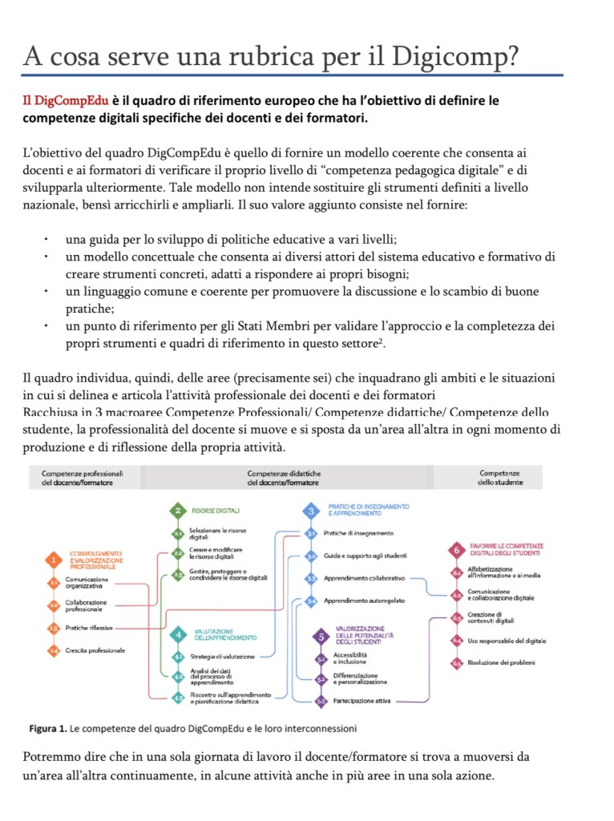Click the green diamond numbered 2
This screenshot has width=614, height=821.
[x=177, y=510]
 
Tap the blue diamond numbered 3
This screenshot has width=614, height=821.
[x=312, y=510]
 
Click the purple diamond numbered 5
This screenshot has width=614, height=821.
[x=321, y=638]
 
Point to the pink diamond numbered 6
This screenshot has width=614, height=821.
[x=456, y=552]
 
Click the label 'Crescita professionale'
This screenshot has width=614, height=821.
[x=95, y=650]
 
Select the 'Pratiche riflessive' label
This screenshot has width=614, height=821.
[x=89, y=628]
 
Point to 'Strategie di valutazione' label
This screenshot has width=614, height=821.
[x=222, y=657]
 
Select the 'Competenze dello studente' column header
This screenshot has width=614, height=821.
[x=499, y=478]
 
